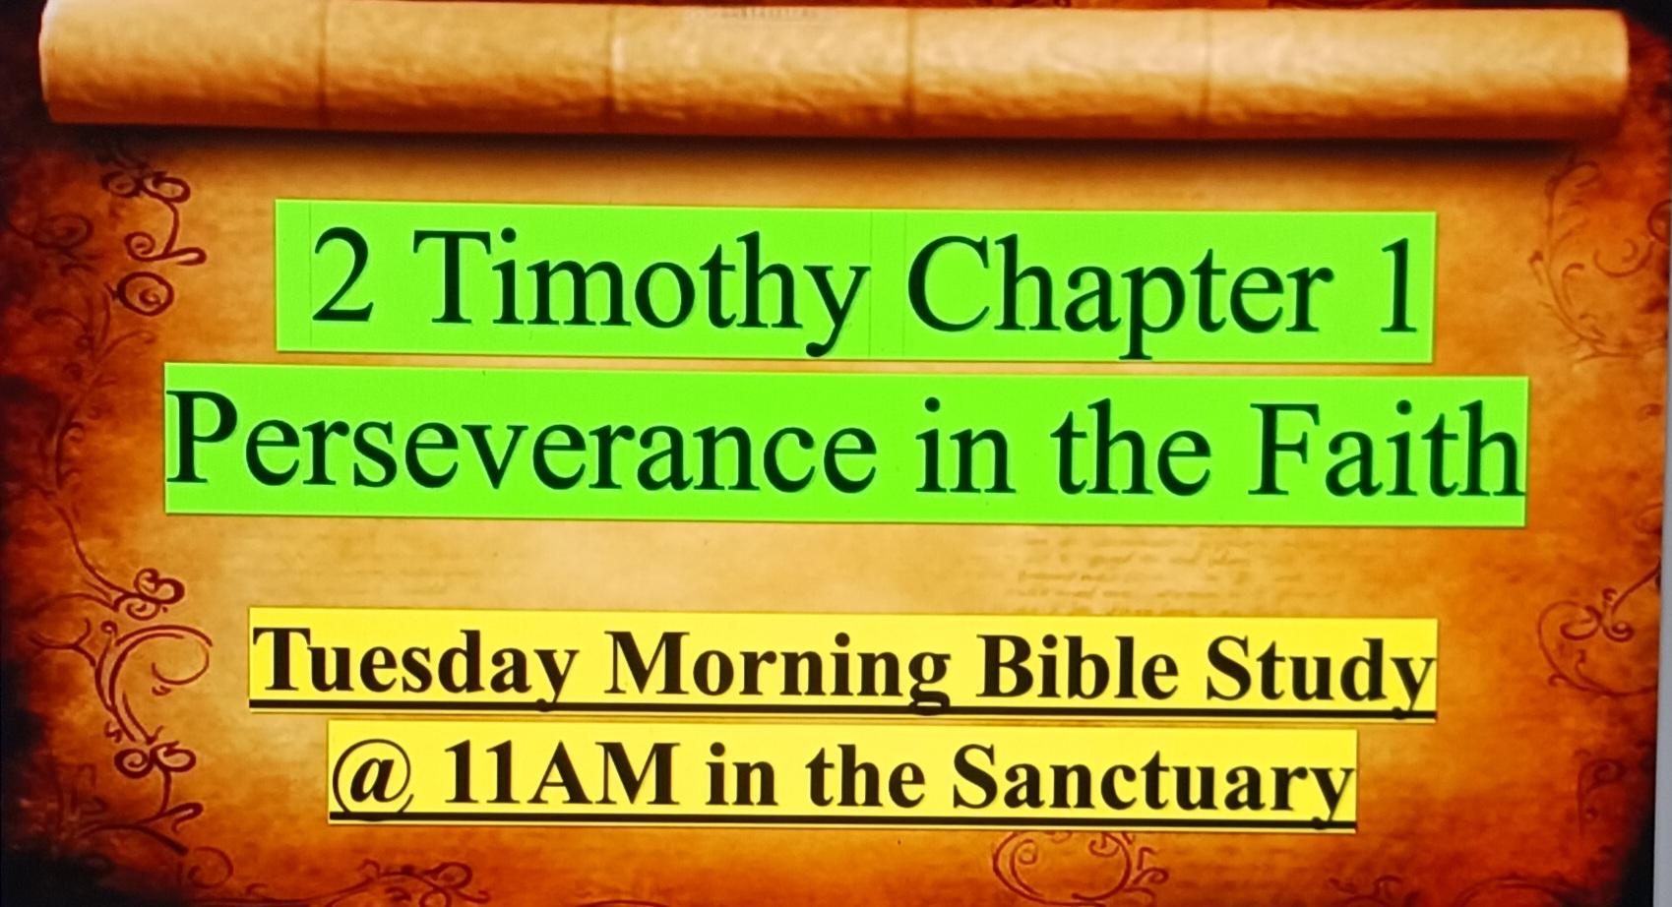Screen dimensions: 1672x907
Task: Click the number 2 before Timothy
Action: pyautogui.click(x=342, y=276)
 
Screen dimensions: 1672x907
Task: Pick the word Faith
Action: pyautogui.click(x=1386, y=449)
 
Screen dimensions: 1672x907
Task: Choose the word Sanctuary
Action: pyautogui.click(x=1152, y=780)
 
